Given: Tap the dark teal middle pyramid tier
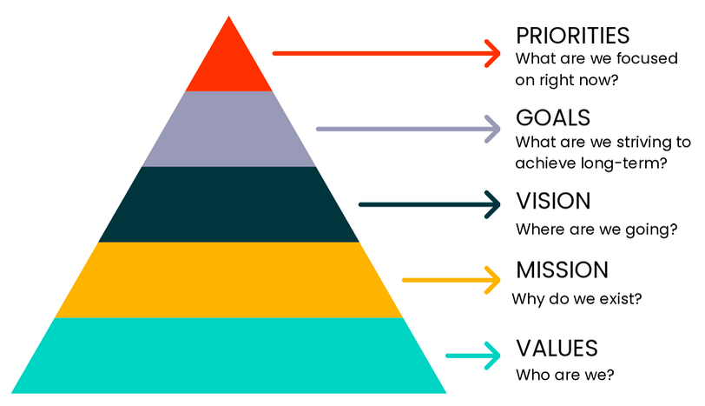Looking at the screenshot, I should (x=229, y=204).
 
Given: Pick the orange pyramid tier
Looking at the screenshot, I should (x=229, y=280).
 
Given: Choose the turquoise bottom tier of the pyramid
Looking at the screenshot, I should (x=229, y=355).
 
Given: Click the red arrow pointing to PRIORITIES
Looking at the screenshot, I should (x=387, y=53).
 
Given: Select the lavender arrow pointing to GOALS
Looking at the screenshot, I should (x=409, y=129).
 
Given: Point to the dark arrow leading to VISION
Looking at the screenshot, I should (x=431, y=204).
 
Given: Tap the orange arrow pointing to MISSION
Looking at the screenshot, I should (x=452, y=280).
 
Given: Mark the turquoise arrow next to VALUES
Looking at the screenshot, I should (x=474, y=355).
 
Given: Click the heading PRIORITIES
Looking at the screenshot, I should (x=572, y=36).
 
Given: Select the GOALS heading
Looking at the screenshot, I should (x=553, y=117).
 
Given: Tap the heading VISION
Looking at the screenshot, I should (x=553, y=201).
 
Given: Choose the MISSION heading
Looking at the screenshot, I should (x=562, y=270).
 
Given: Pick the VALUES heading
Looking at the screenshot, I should (x=557, y=349).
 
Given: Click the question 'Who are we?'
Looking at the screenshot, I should (x=565, y=376).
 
